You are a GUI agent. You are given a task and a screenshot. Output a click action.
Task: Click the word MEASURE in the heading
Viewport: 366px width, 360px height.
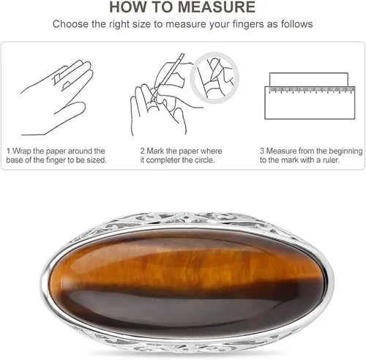click(217, 7)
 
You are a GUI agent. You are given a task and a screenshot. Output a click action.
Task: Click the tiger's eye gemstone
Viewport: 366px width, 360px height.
click(187, 283)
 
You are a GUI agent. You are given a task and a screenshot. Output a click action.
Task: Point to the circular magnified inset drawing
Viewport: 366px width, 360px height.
click(214, 78)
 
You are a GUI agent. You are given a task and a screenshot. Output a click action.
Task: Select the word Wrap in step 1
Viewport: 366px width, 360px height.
click(22, 151)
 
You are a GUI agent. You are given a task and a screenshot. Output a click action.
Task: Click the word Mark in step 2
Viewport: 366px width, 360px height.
click(156, 151)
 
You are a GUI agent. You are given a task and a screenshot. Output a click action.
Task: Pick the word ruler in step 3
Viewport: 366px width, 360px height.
click(331, 160)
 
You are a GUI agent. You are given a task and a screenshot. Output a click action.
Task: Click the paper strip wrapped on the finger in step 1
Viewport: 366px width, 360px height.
click(56, 78)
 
